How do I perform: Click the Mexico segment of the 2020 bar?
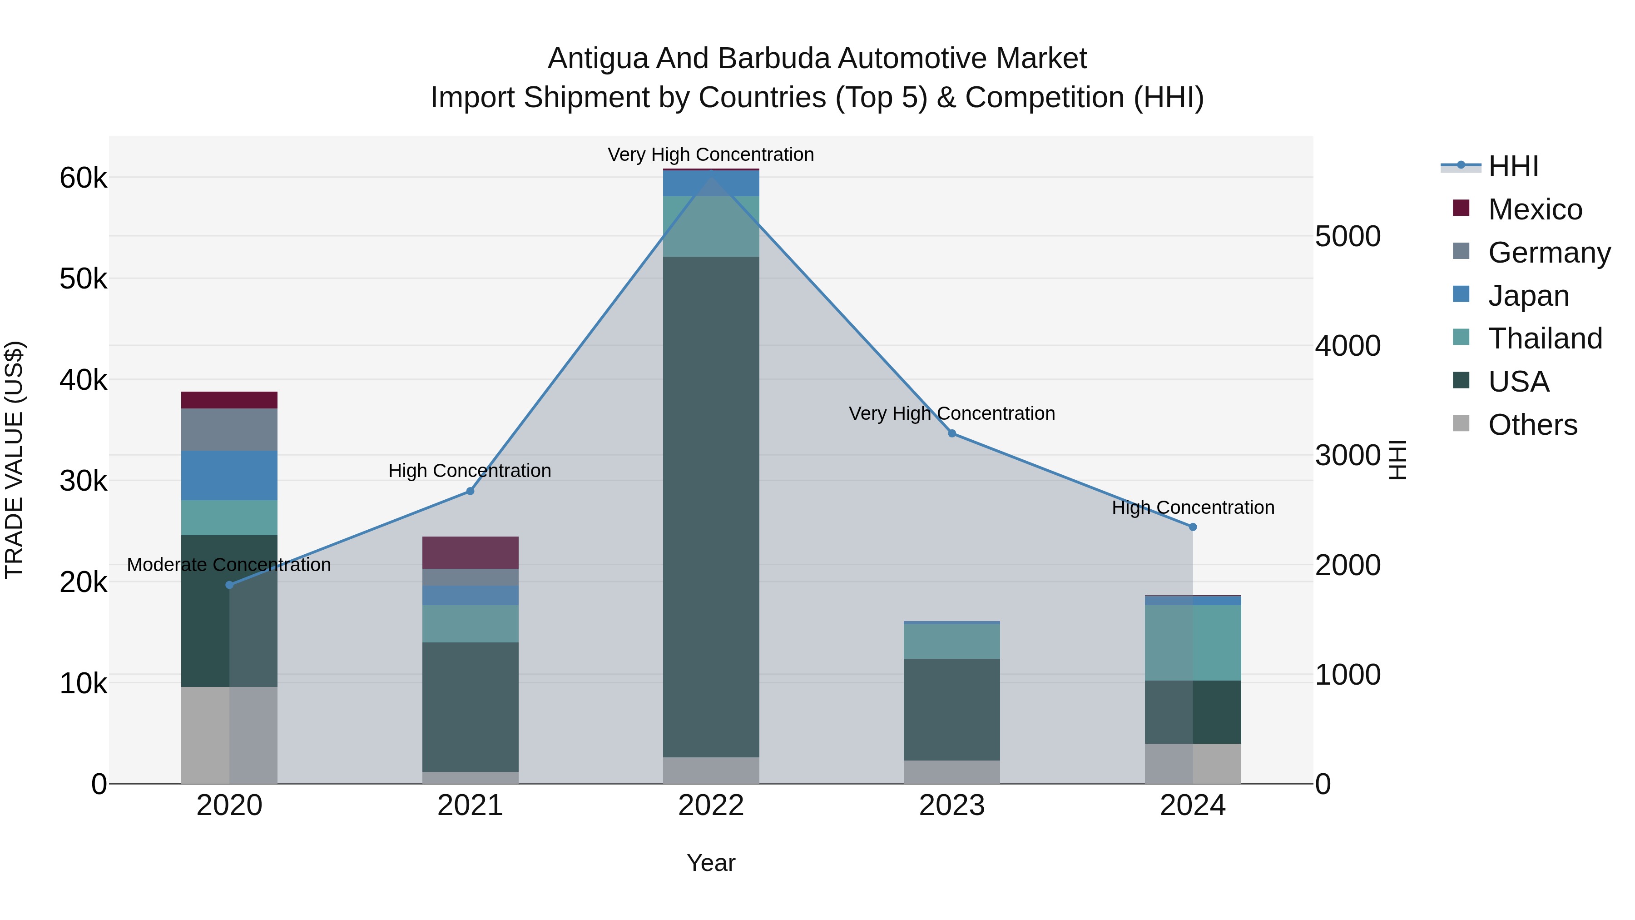(x=229, y=399)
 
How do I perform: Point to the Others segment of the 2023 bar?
(x=951, y=771)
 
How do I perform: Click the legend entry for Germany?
(x=1549, y=252)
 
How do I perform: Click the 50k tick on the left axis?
(x=83, y=279)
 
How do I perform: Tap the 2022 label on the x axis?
(x=711, y=805)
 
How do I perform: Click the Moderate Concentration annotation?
(x=229, y=564)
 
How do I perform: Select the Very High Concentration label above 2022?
(x=710, y=154)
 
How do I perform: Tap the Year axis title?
(x=711, y=863)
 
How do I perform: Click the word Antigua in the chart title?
(x=597, y=59)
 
